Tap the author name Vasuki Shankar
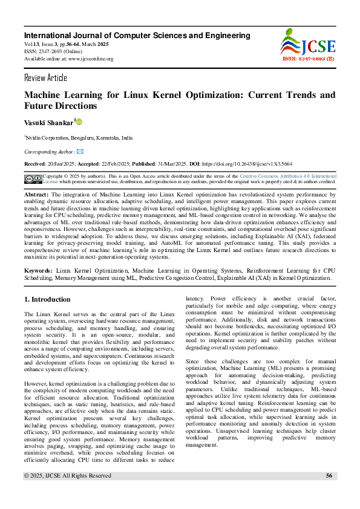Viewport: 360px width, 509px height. tap(48, 122)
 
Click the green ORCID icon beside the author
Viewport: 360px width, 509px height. tap(79, 122)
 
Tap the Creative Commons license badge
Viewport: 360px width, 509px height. tap(33, 178)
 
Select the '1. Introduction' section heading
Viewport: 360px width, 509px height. tap(47, 299)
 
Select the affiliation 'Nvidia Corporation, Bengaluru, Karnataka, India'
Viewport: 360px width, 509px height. tap(79, 138)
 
